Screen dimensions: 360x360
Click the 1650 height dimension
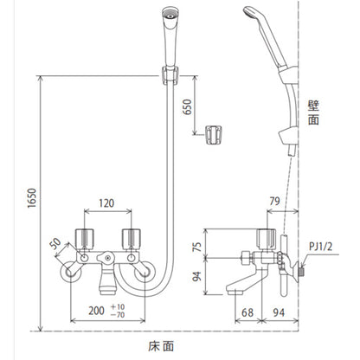click(x=32, y=198)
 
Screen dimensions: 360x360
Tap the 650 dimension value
click(x=188, y=107)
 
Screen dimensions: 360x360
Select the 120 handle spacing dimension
click(x=106, y=203)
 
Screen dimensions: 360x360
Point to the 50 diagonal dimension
click(x=55, y=244)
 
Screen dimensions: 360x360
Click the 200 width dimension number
click(x=96, y=311)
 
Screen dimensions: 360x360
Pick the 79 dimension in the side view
click(x=274, y=201)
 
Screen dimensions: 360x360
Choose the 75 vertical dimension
click(x=197, y=247)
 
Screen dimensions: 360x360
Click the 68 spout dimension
click(x=247, y=312)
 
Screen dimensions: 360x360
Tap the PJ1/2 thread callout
click(x=321, y=247)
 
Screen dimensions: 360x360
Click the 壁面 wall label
click(x=313, y=112)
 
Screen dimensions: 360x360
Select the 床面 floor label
click(x=161, y=346)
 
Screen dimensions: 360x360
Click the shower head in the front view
click(x=170, y=37)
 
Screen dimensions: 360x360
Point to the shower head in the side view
click(x=265, y=37)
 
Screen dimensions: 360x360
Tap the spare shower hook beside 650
click(x=214, y=134)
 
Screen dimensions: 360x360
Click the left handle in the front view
click(x=85, y=239)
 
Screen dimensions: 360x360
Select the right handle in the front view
click(x=132, y=239)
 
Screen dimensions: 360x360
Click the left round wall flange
click(x=71, y=273)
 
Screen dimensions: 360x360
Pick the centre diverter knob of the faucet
click(x=106, y=257)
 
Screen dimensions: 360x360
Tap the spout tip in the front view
click(x=107, y=292)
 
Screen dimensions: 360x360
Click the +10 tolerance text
click(x=118, y=306)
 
